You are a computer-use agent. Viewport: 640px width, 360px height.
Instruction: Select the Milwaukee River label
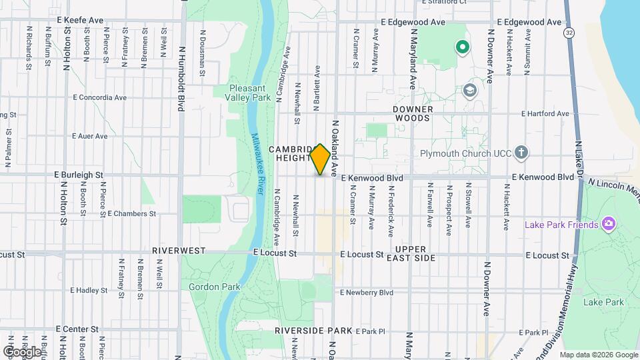(x=259, y=163)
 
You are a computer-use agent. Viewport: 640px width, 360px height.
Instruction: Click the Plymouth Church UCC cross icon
(x=521, y=153)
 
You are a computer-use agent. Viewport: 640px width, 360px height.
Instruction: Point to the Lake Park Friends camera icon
(x=607, y=224)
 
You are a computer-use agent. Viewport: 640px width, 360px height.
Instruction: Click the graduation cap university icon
(x=470, y=91)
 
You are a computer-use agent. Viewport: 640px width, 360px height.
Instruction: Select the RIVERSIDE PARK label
(x=313, y=330)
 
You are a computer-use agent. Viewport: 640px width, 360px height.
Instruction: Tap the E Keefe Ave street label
(x=80, y=21)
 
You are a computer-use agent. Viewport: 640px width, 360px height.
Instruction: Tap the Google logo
(x=22, y=351)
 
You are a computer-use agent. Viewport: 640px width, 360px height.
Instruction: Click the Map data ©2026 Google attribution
(x=598, y=354)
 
